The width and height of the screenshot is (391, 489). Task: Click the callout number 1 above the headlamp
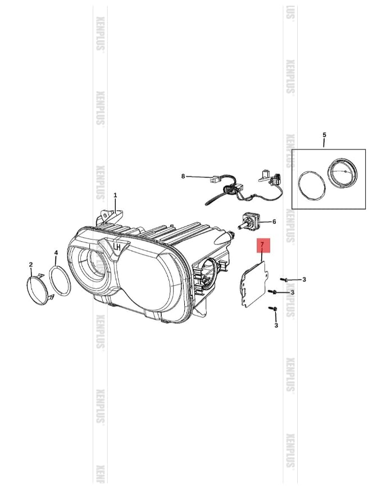tap(115, 196)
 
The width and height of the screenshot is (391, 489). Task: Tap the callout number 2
tap(31, 264)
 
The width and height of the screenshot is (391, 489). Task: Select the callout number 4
tap(56, 253)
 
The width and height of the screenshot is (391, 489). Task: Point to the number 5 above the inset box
tap(324, 135)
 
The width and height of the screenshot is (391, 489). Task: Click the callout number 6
tap(274, 221)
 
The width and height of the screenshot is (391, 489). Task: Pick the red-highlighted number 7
tap(262, 245)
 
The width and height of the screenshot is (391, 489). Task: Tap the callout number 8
tap(183, 176)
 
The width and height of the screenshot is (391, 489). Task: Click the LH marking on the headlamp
tap(117, 246)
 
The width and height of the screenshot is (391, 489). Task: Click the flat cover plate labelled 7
tap(252, 284)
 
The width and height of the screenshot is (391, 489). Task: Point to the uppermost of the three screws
tap(284, 279)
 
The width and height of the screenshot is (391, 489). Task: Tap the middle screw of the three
tap(273, 292)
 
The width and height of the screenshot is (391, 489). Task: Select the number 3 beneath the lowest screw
tap(276, 325)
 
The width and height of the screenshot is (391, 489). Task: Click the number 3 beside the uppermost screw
tap(304, 279)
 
